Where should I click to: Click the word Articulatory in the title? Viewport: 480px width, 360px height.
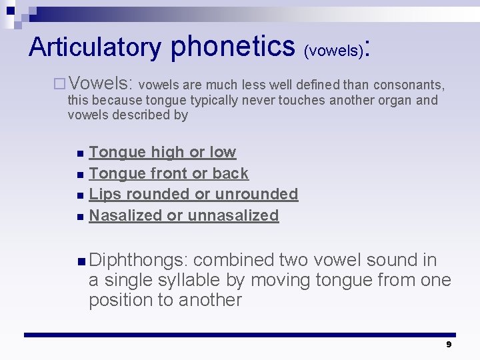click(95, 47)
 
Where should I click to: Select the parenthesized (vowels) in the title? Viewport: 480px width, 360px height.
click(333, 50)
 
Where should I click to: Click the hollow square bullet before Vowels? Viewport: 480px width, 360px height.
click(59, 84)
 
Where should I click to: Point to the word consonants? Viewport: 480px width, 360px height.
click(408, 85)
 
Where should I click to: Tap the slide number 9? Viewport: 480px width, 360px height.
click(449, 345)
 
